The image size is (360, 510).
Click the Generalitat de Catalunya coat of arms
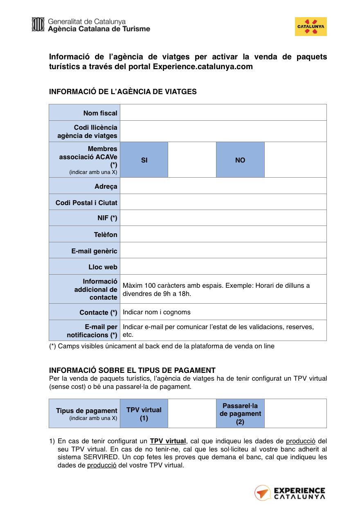(x=38, y=24)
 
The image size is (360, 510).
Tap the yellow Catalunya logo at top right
(x=310, y=27)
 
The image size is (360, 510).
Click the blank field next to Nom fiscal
(x=223, y=113)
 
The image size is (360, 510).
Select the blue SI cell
(x=144, y=160)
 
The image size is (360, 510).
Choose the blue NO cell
(x=240, y=160)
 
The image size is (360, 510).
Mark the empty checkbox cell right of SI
(x=192, y=160)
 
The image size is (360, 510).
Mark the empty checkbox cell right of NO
(x=295, y=160)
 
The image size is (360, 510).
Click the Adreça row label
(x=106, y=187)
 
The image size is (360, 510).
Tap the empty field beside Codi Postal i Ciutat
(x=223, y=202)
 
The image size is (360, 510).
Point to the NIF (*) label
(x=107, y=218)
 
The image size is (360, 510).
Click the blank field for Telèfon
(x=223, y=235)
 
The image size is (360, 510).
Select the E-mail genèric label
(x=94, y=251)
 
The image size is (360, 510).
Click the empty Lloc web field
(x=223, y=266)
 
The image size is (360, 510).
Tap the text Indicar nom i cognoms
(x=157, y=312)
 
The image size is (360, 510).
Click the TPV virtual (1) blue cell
(x=144, y=414)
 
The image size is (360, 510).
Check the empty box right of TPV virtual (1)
(x=192, y=414)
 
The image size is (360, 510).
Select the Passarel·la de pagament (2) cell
(x=240, y=414)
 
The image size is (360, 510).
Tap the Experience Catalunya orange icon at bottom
(x=262, y=493)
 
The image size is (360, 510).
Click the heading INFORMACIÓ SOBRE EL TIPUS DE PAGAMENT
(x=132, y=370)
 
